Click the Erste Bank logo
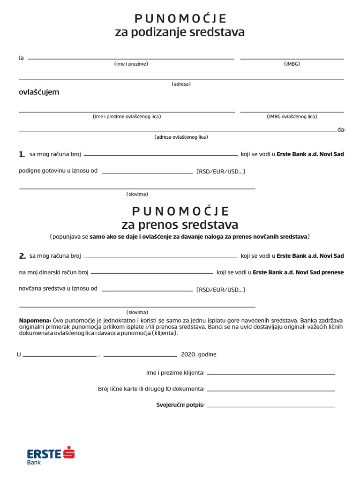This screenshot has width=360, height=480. [51, 455]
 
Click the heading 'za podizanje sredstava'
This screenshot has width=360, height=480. [180, 32]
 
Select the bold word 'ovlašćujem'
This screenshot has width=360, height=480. [39, 92]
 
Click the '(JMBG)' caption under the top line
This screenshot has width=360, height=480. [292, 64]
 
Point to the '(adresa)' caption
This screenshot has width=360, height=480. [181, 84]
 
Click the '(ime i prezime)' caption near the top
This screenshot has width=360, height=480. [131, 64]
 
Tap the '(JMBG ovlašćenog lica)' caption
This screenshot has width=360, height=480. [292, 116]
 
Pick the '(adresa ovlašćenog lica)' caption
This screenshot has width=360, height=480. [181, 137]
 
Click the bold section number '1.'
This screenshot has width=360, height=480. [22, 154]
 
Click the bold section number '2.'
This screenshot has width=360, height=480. [22, 256]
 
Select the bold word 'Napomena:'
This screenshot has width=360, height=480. [35, 321]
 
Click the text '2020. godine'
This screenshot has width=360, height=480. [199, 354]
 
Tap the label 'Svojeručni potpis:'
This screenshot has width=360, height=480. [180, 405]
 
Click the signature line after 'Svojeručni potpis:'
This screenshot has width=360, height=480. [271, 406]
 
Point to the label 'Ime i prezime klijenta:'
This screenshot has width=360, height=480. [175, 373]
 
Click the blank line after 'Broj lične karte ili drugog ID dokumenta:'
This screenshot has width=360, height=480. [271, 390]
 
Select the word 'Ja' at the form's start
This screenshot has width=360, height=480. [21, 58]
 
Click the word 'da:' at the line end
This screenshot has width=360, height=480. [341, 130]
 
